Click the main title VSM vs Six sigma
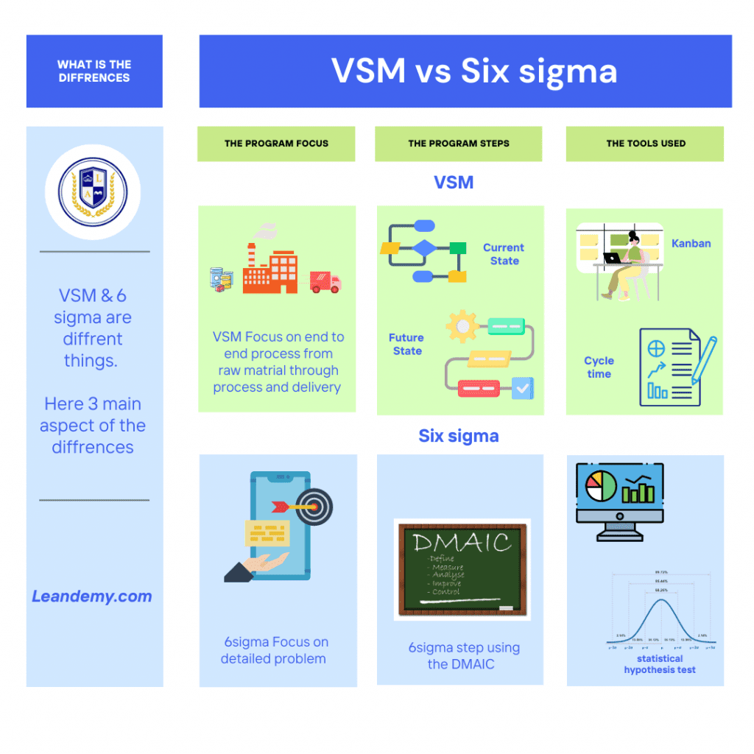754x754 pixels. coord(473,71)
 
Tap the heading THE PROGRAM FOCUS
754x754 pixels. coord(276,144)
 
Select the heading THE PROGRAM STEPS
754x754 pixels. coord(459,144)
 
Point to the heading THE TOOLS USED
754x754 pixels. coord(646,144)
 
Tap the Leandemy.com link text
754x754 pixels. coord(92,596)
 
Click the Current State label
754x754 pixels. coord(504,254)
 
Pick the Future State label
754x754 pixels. coord(407,344)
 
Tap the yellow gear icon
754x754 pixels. coord(462,325)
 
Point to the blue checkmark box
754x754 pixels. coord(522,387)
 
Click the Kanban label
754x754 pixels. coord(691,244)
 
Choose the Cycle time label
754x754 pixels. coord(599,367)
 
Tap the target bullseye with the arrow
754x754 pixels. coord(314,507)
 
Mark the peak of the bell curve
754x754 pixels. coord(661,600)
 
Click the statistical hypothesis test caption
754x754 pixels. coord(660,664)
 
